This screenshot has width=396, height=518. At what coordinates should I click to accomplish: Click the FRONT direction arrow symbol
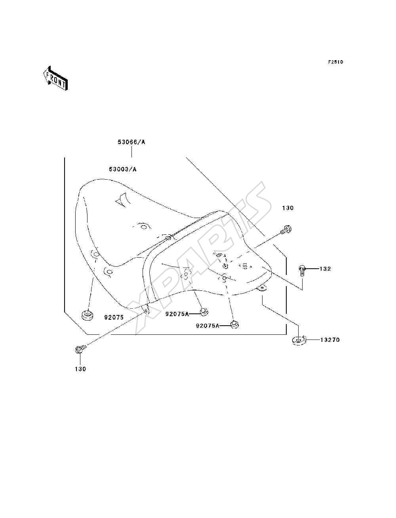56,78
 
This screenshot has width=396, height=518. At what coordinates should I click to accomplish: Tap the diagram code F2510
335,62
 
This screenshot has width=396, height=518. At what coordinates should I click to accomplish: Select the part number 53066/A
131,142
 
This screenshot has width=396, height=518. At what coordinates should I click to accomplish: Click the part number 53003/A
122,169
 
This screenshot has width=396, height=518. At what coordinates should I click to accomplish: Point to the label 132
325,269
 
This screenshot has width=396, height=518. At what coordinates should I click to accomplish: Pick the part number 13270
330,340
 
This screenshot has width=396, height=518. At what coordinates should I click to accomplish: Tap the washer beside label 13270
299,341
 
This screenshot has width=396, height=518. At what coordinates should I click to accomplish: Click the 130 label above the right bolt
288,208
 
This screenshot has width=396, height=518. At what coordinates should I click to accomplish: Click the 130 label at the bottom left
80,369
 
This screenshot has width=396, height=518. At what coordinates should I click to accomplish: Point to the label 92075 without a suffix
114,317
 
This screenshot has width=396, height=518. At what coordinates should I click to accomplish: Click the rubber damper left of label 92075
87,315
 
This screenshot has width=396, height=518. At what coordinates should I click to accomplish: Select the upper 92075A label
177,314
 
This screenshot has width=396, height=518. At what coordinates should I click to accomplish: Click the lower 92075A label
208,326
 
